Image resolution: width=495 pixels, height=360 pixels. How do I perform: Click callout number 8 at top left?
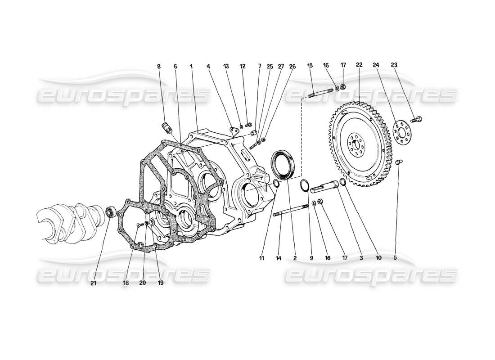point(159,66)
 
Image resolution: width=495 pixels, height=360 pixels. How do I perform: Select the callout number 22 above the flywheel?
point(359,65)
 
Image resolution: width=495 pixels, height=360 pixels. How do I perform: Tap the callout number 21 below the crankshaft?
point(93,283)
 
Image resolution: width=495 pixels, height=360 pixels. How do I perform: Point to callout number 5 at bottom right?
point(396,258)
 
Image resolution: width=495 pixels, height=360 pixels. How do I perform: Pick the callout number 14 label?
point(279,258)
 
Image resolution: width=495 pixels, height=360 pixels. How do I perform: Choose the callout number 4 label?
point(208,66)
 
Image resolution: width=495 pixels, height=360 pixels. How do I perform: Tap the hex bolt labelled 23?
point(418,119)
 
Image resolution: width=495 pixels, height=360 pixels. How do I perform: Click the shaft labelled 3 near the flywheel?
point(328,185)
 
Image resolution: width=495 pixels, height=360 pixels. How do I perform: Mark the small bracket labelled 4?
point(233,131)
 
